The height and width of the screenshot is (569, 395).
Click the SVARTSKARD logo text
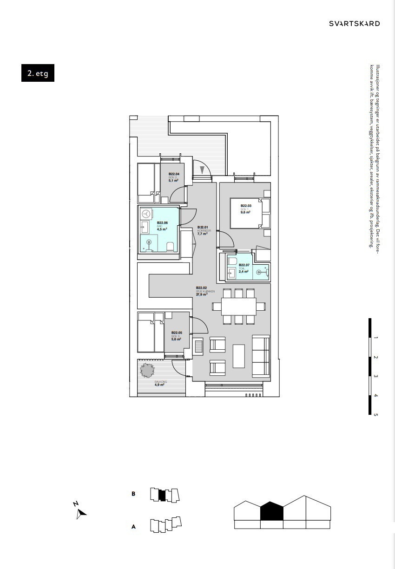(354, 23)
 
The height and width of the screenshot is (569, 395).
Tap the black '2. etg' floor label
(38, 73)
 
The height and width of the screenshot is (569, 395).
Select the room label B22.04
(174, 174)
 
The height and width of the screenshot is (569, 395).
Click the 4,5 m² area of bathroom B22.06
(162, 229)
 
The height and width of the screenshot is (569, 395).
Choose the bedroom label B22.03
(246, 206)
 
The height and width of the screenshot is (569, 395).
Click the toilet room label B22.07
(244, 265)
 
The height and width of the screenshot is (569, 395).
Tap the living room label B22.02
(201, 288)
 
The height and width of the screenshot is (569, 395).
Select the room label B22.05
(177, 333)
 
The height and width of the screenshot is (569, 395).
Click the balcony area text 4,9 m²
(159, 385)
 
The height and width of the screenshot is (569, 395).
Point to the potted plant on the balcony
(147, 371)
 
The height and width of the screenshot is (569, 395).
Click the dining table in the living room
(238, 306)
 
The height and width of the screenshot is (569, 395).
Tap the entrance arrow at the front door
(202, 170)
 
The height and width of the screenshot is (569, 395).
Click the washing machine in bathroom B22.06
(146, 214)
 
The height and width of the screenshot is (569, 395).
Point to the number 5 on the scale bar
(375, 415)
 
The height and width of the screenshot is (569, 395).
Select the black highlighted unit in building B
(162, 495)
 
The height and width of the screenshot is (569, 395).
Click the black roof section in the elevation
(271, 511)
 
